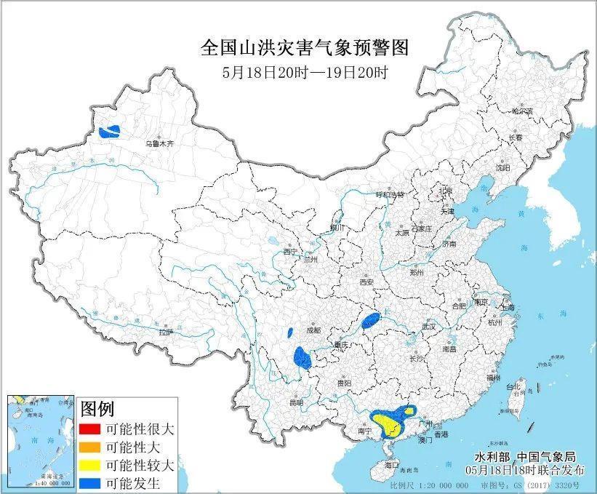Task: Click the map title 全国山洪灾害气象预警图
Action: (x=304, y=48)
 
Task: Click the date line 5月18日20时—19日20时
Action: (x=304, y=73)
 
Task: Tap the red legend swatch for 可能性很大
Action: (x=92, y=428)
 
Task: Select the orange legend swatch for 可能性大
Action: (x=92, y=446)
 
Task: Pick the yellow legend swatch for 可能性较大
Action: (x=92, y=464)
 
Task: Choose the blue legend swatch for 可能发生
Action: (x=92, y=482)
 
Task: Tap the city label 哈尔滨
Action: (x=521, y=111)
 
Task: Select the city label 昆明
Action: (x=295, y=402)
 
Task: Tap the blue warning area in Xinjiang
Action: (x=111, y=132)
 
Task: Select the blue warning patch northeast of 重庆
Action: (x=371, y=319)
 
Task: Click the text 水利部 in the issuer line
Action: (x=492, y=457)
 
